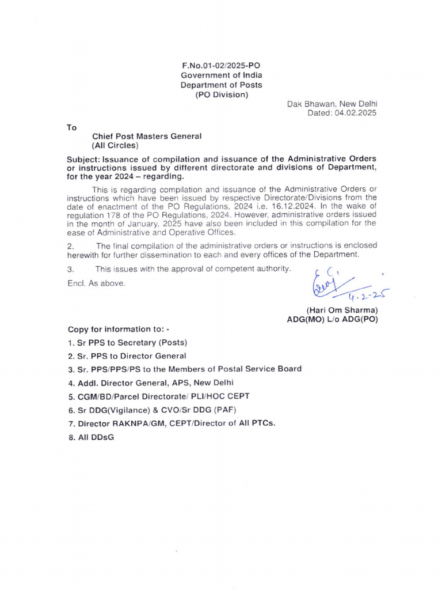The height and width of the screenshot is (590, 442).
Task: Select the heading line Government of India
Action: click(x=222, y=75)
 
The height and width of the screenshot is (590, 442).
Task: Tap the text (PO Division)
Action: click(x=222, y=94)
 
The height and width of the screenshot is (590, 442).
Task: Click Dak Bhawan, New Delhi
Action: click(x=332, y=104)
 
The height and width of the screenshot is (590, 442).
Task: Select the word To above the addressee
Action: click(x=72, y=127)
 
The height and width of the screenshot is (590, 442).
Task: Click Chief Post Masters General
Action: click(x=147, y=137)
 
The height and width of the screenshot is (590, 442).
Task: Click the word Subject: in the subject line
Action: click(x=84, y=158)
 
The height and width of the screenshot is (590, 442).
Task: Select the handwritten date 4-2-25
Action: click(x=367, y=296)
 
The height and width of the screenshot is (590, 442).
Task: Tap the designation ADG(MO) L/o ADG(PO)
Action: click(x=332, y=319)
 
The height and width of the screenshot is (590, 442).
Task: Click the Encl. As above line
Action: click(x=96, y=283)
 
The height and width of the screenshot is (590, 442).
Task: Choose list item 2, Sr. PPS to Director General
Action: click(x=127, y=356)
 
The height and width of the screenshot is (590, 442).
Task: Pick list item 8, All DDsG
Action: click(x=92, y=437)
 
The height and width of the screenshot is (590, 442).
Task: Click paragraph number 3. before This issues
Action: click(x=71, y=268)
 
